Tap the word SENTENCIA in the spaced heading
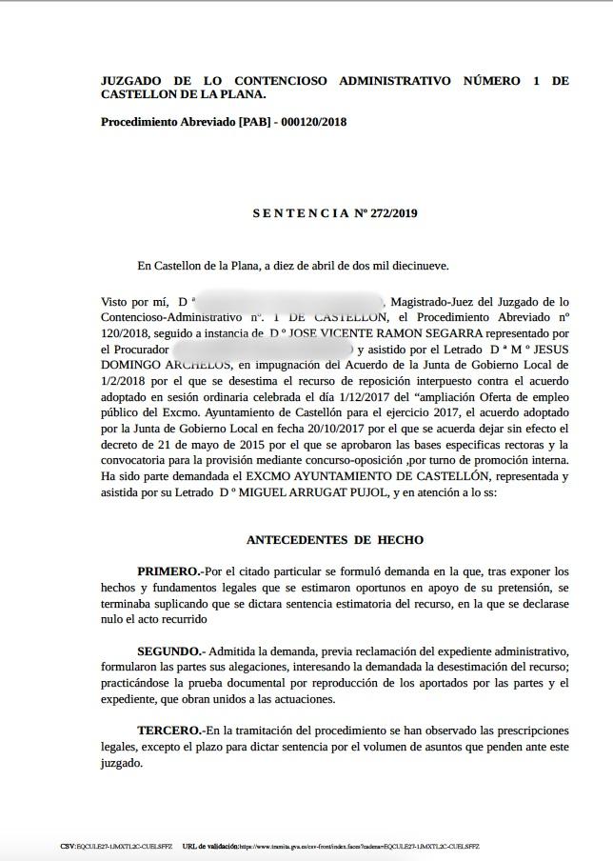pos(301,213)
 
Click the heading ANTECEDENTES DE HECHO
pos(335,539)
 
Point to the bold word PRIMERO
pos(168,571)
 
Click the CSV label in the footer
pos(68,846)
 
